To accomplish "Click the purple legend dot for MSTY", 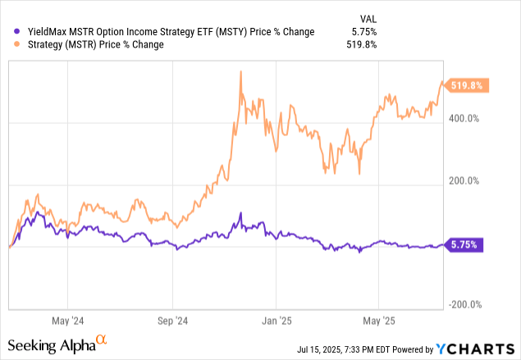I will tap(10, 32).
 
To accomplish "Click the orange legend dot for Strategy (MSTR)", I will tap(10, 45).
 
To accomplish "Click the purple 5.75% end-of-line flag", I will tap(466, 244).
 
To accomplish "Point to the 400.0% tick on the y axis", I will tap(463, 118).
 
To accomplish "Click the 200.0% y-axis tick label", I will tap(463, 180).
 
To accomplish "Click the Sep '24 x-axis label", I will tap(172, 321).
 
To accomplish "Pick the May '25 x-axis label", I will tap(377, 321).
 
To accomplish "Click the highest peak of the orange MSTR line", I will tap(240, 71).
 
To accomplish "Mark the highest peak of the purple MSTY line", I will tap(240, 213).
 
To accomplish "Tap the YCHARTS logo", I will tap(482, 347).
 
